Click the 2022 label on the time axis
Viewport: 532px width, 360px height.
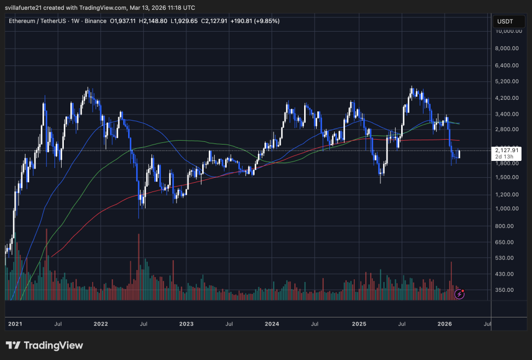[101, 324]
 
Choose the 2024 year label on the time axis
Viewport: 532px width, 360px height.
[272, 324]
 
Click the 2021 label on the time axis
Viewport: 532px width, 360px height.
[15, 324]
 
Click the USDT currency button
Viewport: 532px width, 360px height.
[504, 22]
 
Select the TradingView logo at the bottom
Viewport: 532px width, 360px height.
[45, 345]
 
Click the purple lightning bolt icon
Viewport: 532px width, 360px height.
[460, 294]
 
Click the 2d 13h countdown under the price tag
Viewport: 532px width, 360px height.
[503, 157]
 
